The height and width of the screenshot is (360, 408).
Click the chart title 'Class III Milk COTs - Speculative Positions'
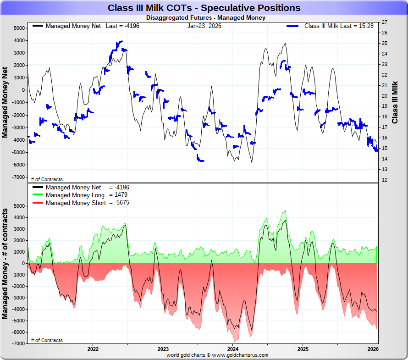tap(204, 8)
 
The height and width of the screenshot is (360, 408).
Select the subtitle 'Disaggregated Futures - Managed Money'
tap(205, 18)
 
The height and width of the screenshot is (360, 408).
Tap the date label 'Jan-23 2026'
tap(204, 26)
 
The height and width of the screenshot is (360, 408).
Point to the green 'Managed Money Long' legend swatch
tap(38, 195)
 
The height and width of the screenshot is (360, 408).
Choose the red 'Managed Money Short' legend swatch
tap(38, 203)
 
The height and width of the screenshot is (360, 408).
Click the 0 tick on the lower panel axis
tap(23, 263)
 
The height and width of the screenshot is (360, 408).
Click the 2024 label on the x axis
tap(232, 349)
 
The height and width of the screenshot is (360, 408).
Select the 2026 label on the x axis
tap(372, 349)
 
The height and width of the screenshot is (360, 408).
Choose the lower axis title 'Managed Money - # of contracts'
tap(5, 264)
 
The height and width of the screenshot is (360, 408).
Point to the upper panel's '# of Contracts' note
tap(47, 179)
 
